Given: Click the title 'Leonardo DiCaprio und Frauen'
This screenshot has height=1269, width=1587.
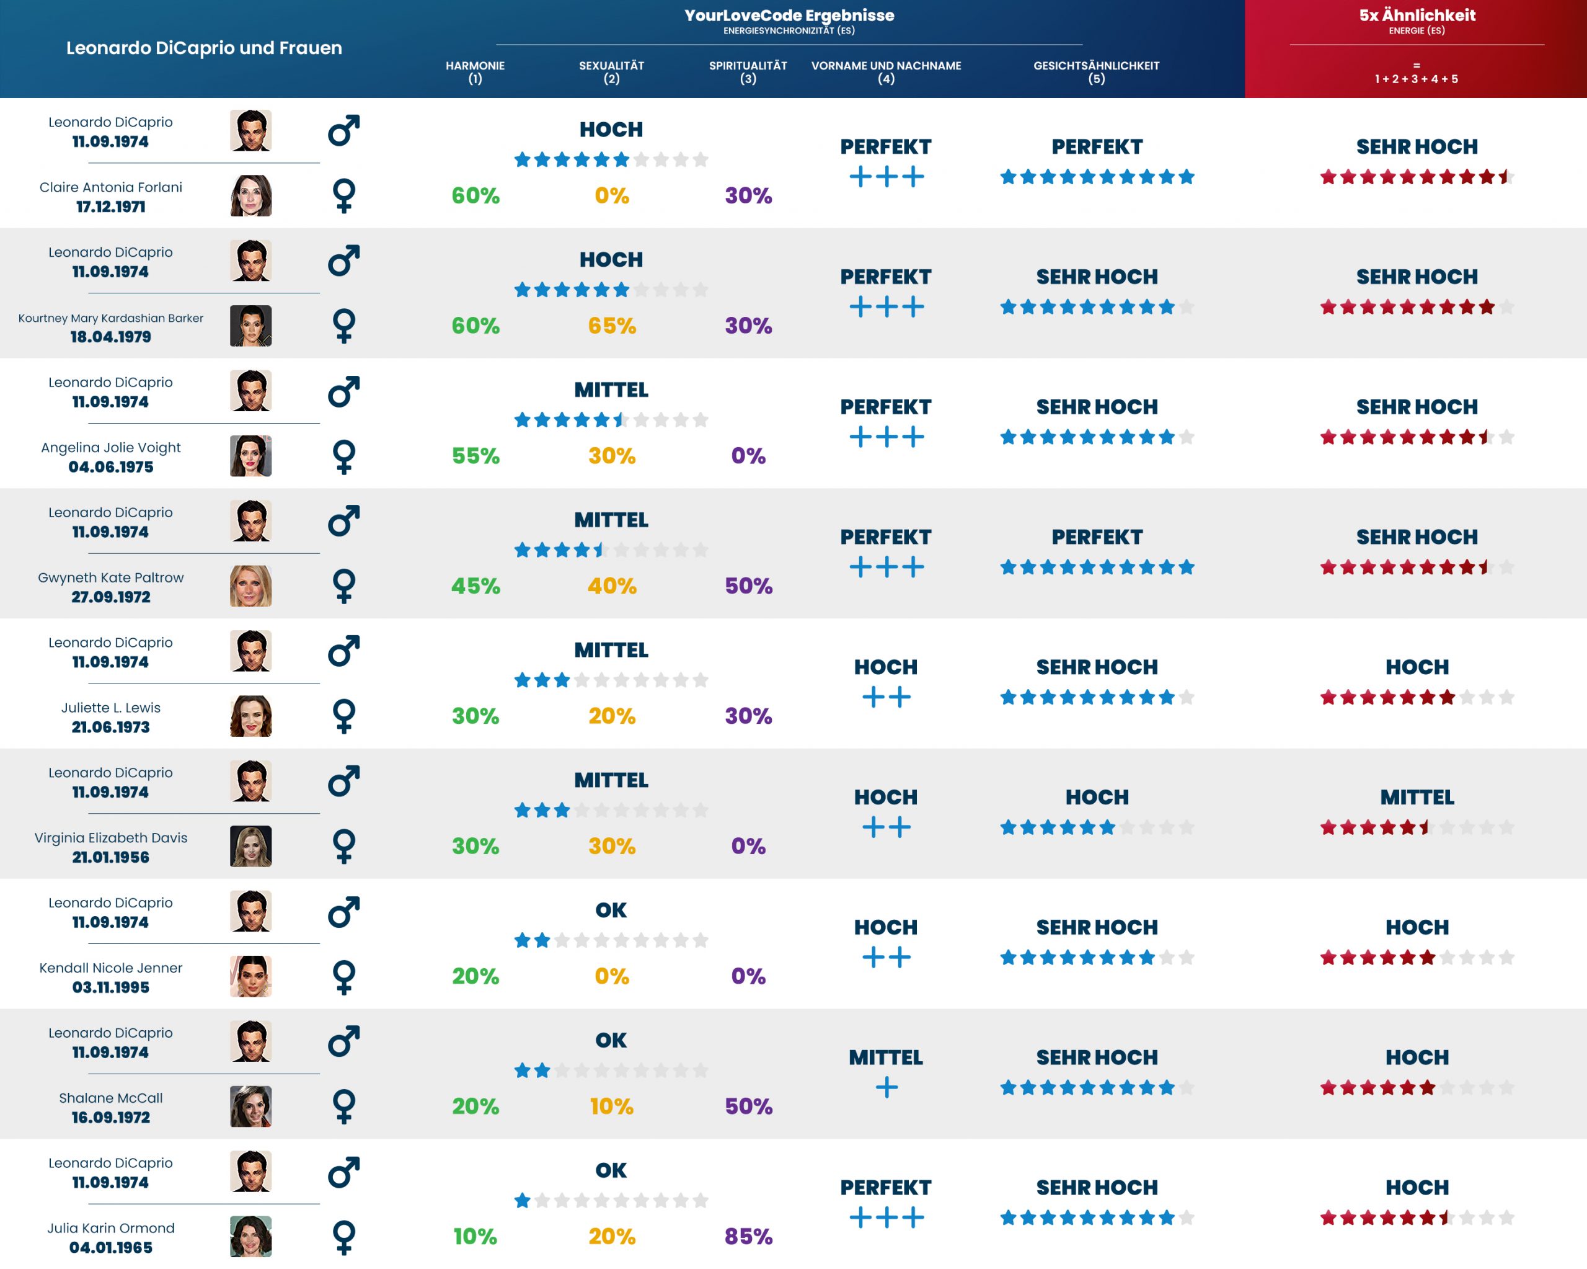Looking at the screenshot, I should coord(204,48).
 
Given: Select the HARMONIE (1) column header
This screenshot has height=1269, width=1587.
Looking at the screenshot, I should coord(475,71).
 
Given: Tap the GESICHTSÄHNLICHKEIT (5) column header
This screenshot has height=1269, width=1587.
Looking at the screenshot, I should coord(1096,71).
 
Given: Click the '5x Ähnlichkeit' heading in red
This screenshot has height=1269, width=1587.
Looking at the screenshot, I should coord(1417,16).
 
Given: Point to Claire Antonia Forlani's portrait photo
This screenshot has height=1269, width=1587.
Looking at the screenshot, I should coord(250,196).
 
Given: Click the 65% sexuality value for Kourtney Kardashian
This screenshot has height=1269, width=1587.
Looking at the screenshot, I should coord(612,326).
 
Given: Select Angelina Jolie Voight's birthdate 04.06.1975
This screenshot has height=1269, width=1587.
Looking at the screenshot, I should coord(111,467).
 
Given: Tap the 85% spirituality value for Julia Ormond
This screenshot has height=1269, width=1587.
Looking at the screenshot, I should coord(748,1236).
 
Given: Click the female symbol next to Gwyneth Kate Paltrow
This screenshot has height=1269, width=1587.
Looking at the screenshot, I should coord(344,586).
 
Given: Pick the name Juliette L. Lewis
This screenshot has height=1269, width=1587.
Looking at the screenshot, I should coord(111,708).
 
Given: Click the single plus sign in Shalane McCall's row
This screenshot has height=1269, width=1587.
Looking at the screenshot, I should coord(886,1087).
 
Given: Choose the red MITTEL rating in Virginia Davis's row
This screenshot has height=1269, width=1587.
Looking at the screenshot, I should coord(1417,797).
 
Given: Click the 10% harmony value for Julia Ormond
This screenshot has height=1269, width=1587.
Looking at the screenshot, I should coord(475,1236).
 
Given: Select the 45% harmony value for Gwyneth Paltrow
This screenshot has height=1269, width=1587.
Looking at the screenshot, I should coord(475,586).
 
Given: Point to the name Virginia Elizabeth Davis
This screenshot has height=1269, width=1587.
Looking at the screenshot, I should coord(111,837).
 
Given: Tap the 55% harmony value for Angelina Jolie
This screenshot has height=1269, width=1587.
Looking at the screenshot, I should coord(475,456).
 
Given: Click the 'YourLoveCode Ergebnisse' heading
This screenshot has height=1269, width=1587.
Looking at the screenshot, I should coord(789,16).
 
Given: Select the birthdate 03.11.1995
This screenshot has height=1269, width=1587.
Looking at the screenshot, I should coord(111,987).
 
